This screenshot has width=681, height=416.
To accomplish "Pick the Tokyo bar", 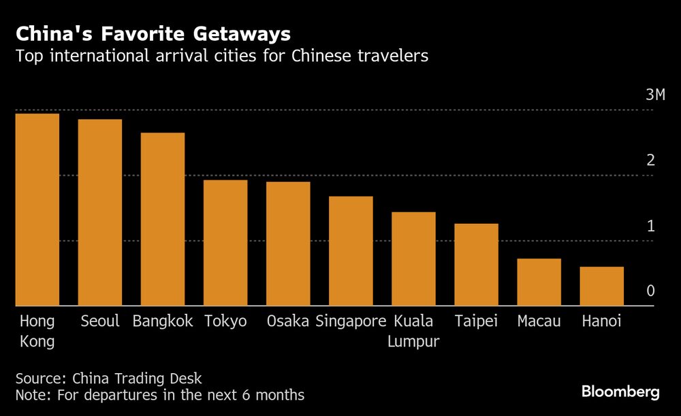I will [225, 243].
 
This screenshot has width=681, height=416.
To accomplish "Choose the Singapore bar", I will [351, 251].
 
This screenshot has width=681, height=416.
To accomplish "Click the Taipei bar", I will [476, 265].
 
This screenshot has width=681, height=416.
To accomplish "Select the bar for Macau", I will [539, 283].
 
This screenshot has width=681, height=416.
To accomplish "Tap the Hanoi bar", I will [601, 287].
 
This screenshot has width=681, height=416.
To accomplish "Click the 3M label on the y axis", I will [654, 95].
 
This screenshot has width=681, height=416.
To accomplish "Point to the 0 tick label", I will [650, 291].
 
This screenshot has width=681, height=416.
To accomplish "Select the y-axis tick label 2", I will [650, 160].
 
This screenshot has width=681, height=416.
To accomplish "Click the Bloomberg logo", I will [620, 391].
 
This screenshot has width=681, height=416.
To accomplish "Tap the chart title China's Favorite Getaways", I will [153, 33].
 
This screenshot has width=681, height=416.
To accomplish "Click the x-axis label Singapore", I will [351, 321].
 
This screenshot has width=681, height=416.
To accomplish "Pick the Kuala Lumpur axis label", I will [413, 331].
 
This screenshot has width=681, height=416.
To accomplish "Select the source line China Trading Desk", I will [109, 378].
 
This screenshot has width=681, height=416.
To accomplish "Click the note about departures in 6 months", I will [160, 395].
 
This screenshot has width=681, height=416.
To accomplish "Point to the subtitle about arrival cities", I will [222, 56].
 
